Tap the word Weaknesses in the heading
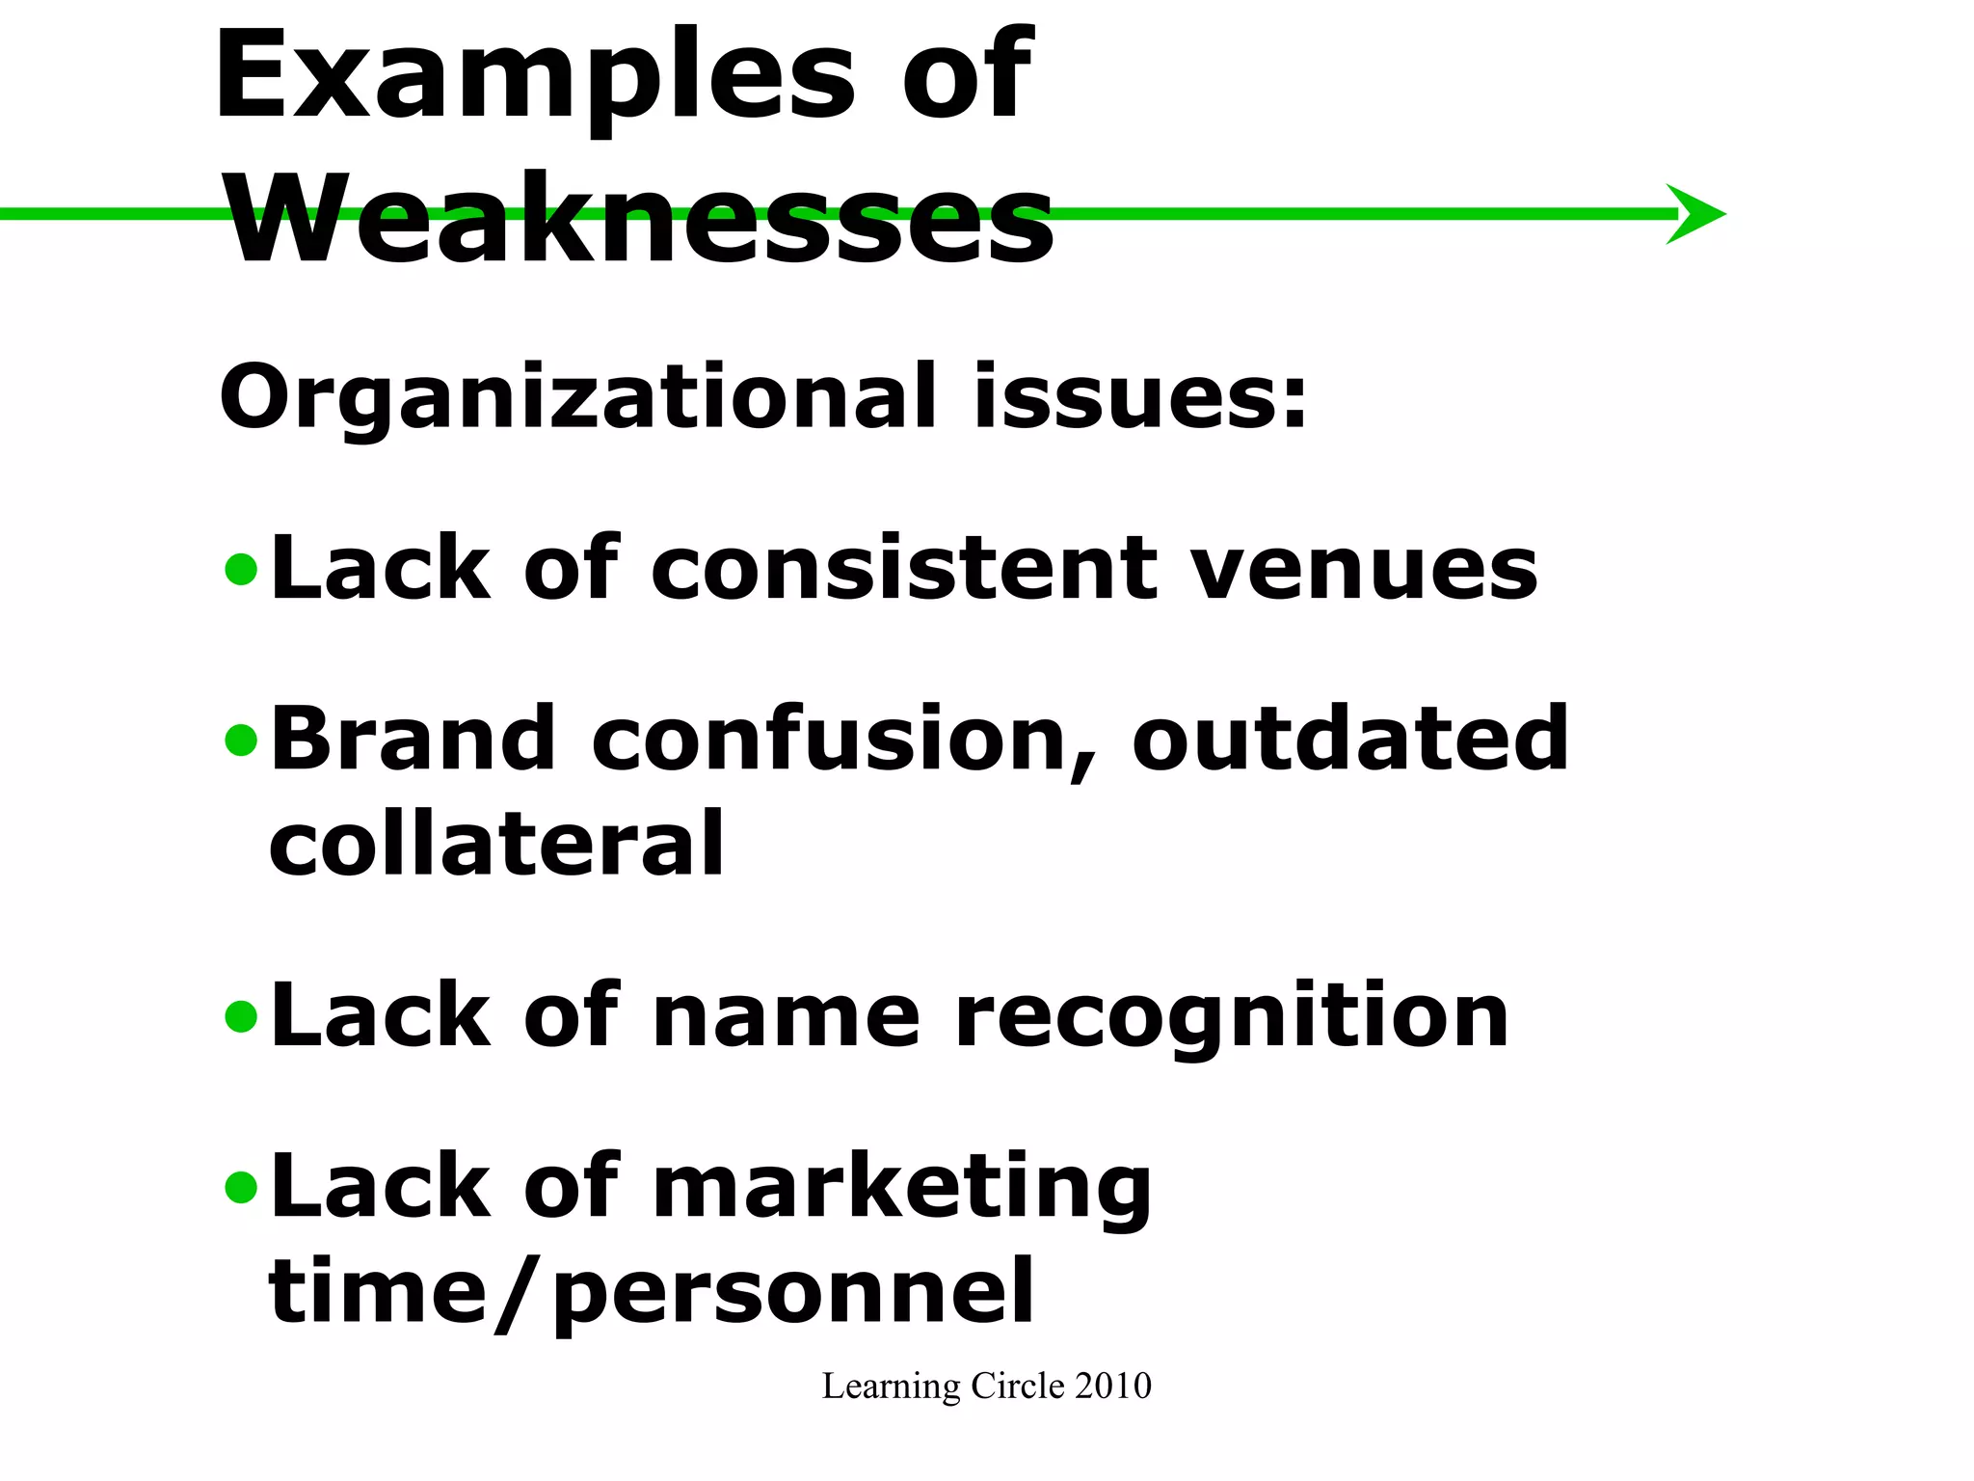(641, 220)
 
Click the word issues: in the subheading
(1139, 397)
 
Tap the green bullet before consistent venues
(240, 570)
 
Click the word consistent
(904, 569)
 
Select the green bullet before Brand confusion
(240, 740)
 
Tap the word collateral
(496, 845)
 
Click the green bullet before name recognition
(240, 1016)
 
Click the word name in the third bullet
(787, 1018)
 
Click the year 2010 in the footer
(1112, 1387)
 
